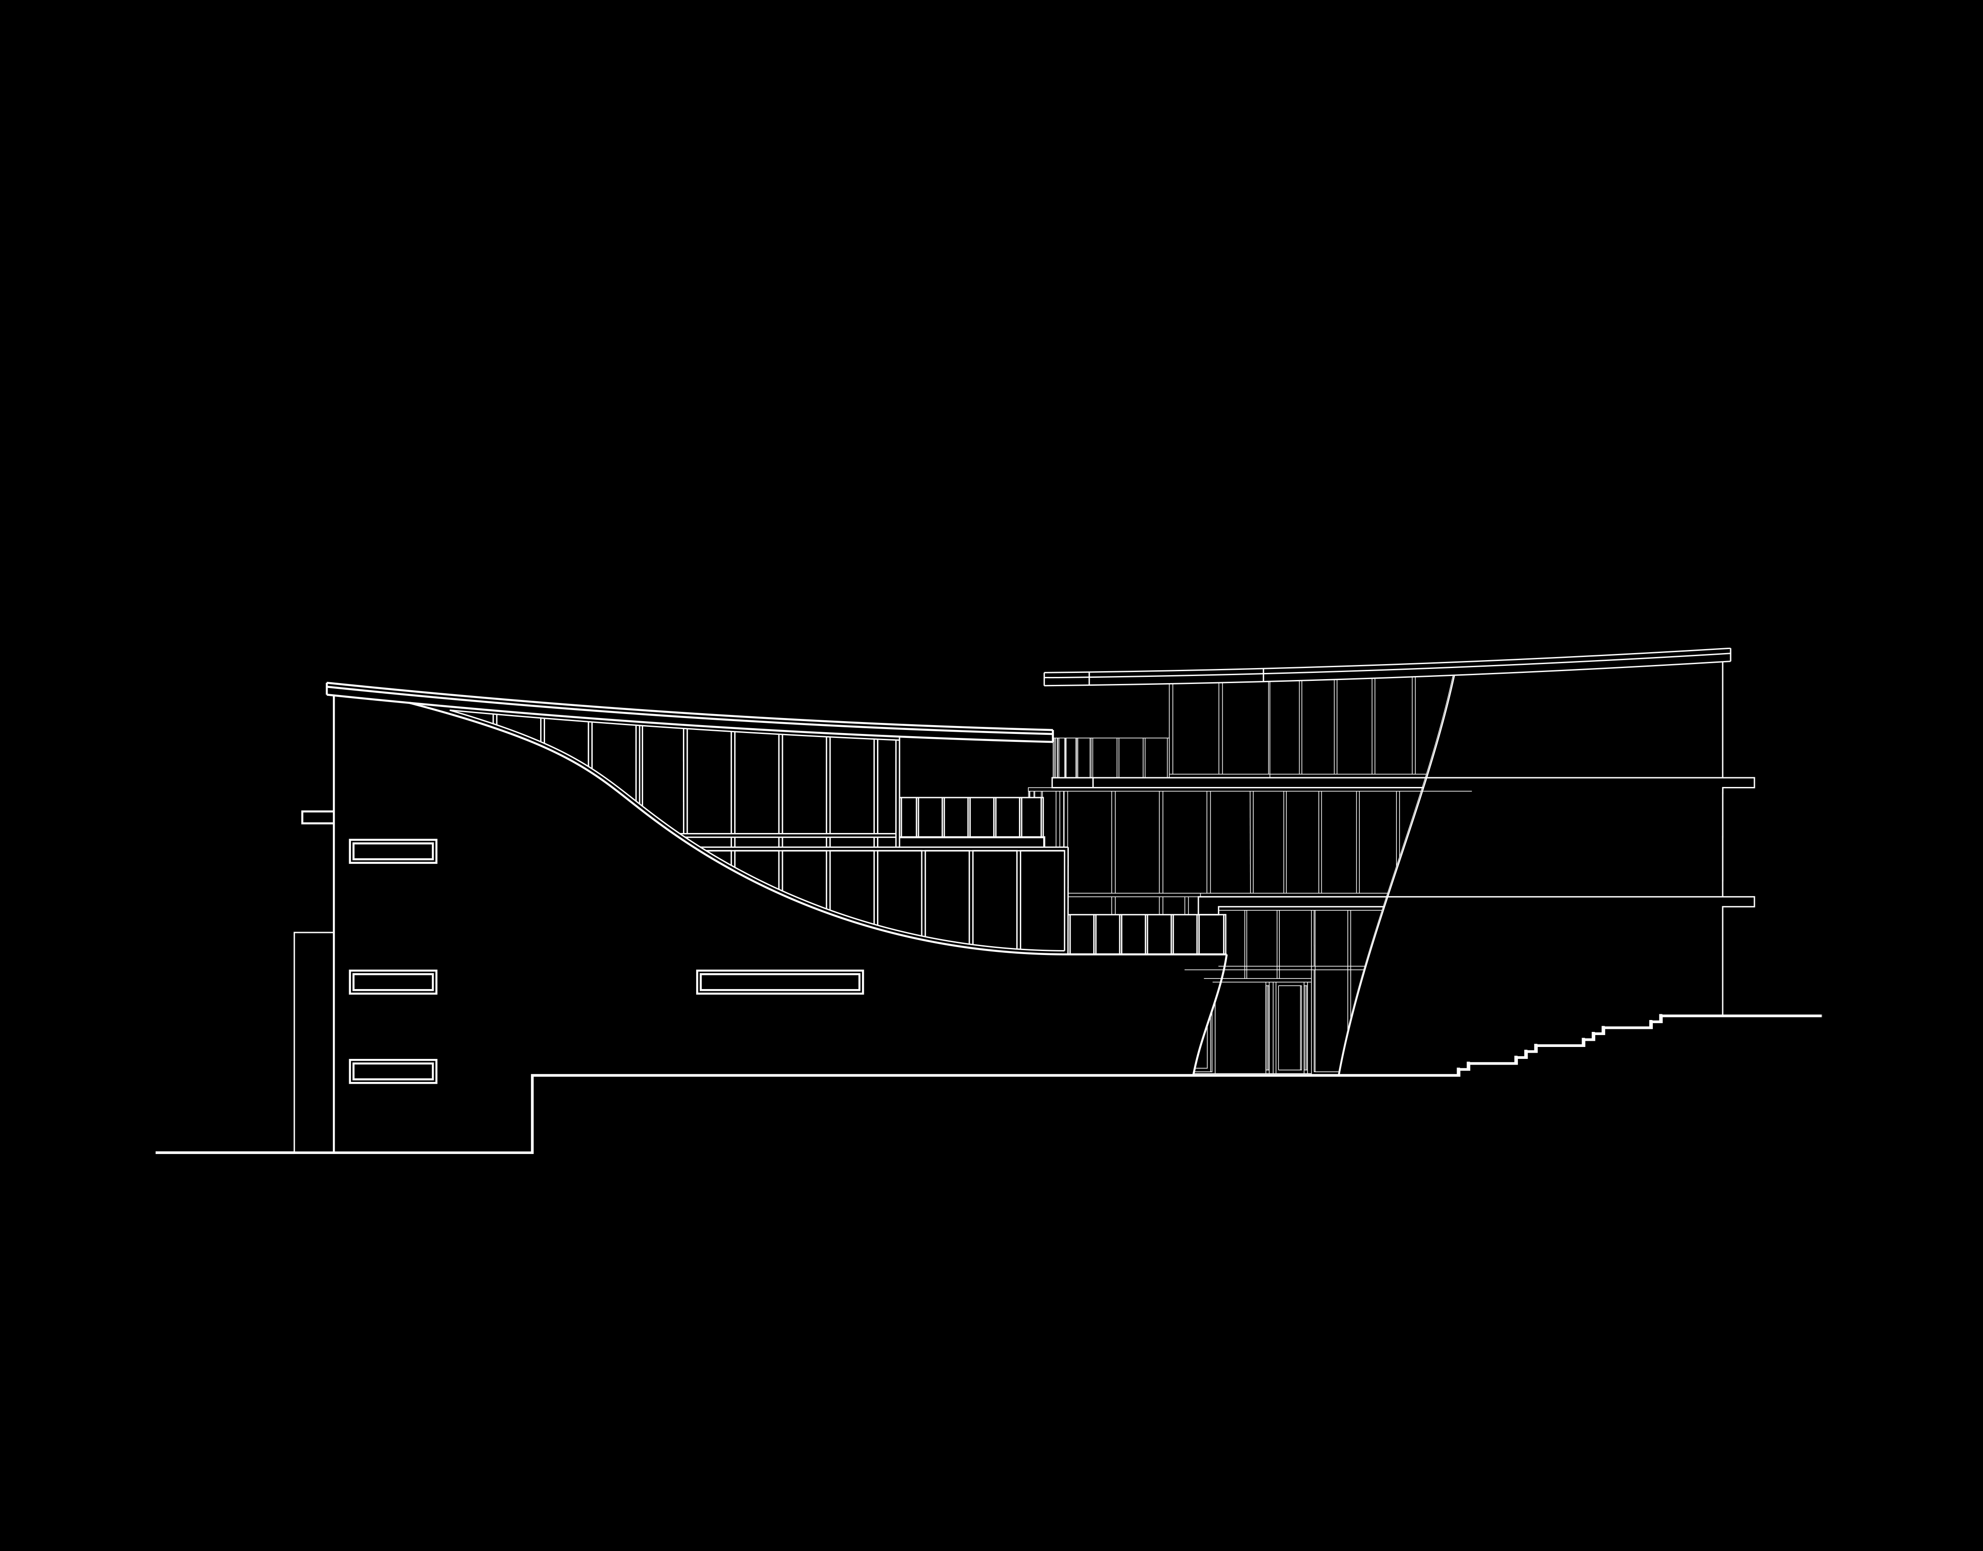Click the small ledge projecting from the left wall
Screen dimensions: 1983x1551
pos(317,817)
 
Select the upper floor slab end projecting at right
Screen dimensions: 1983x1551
pos(1739,782)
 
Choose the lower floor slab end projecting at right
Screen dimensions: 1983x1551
pos(1739,902)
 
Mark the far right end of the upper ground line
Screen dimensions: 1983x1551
pos(1819,1015)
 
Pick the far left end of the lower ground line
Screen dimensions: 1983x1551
pos(158,1152)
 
